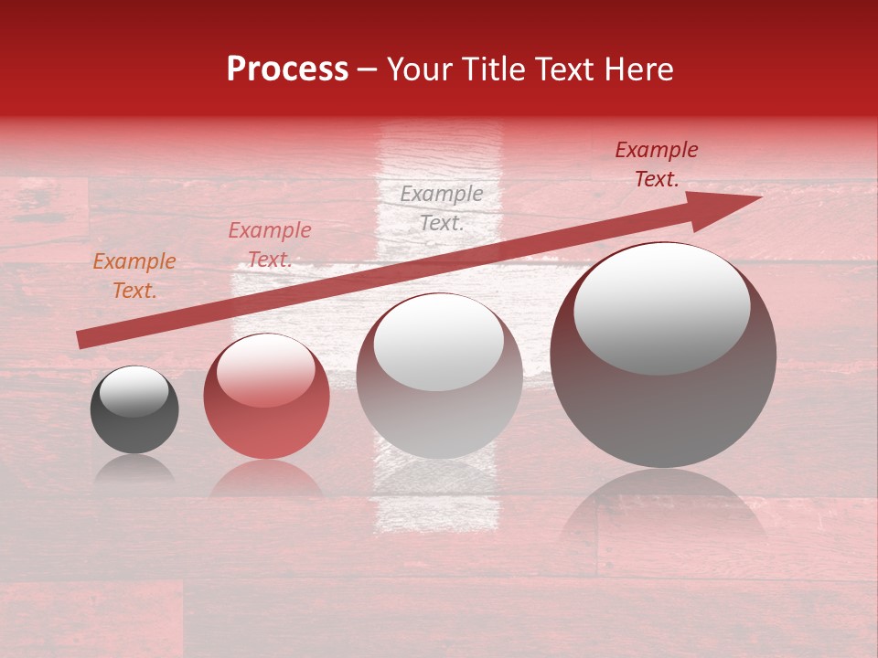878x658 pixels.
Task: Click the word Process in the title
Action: point(287,69)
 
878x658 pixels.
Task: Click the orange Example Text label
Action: point(134,276)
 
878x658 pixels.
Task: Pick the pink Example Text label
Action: point(270,245)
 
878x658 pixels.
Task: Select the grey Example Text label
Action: point(442,208)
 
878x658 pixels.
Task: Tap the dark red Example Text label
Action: point(657,164)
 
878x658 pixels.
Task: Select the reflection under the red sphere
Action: point(266,480)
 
